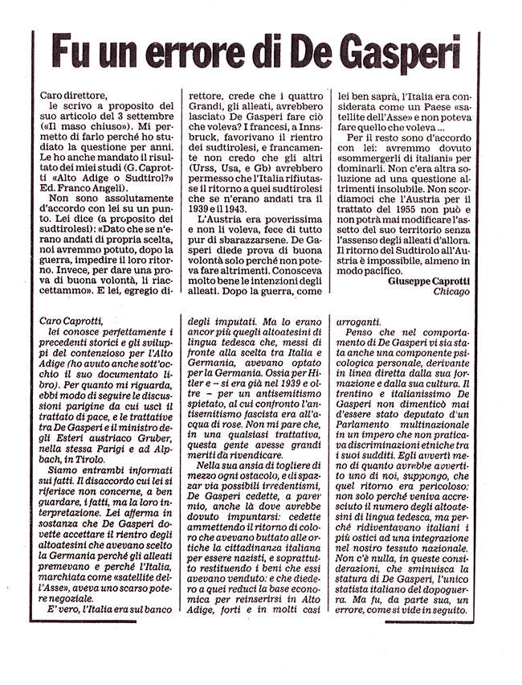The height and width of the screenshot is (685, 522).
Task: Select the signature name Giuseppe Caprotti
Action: [x=422, y=282]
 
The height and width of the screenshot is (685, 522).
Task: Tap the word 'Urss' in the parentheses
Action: [x=216, y=170]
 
